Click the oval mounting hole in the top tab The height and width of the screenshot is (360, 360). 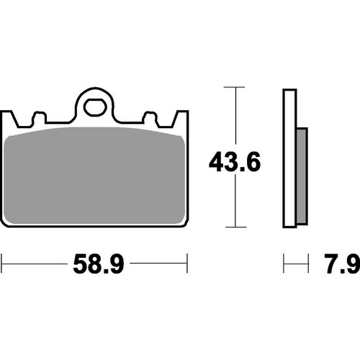click(x=95, y=107)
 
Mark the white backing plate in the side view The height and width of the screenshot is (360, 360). click(x=289, y=158)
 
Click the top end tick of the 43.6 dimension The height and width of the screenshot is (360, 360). click(x=231, y=87)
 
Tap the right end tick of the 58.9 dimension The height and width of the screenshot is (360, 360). click(x=188, y=264)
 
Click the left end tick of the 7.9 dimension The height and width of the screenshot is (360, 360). click(x=284, y=264)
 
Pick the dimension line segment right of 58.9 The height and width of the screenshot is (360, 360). click(x=158, y=264)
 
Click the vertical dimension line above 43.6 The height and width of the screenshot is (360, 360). click(x=231, y=115)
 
